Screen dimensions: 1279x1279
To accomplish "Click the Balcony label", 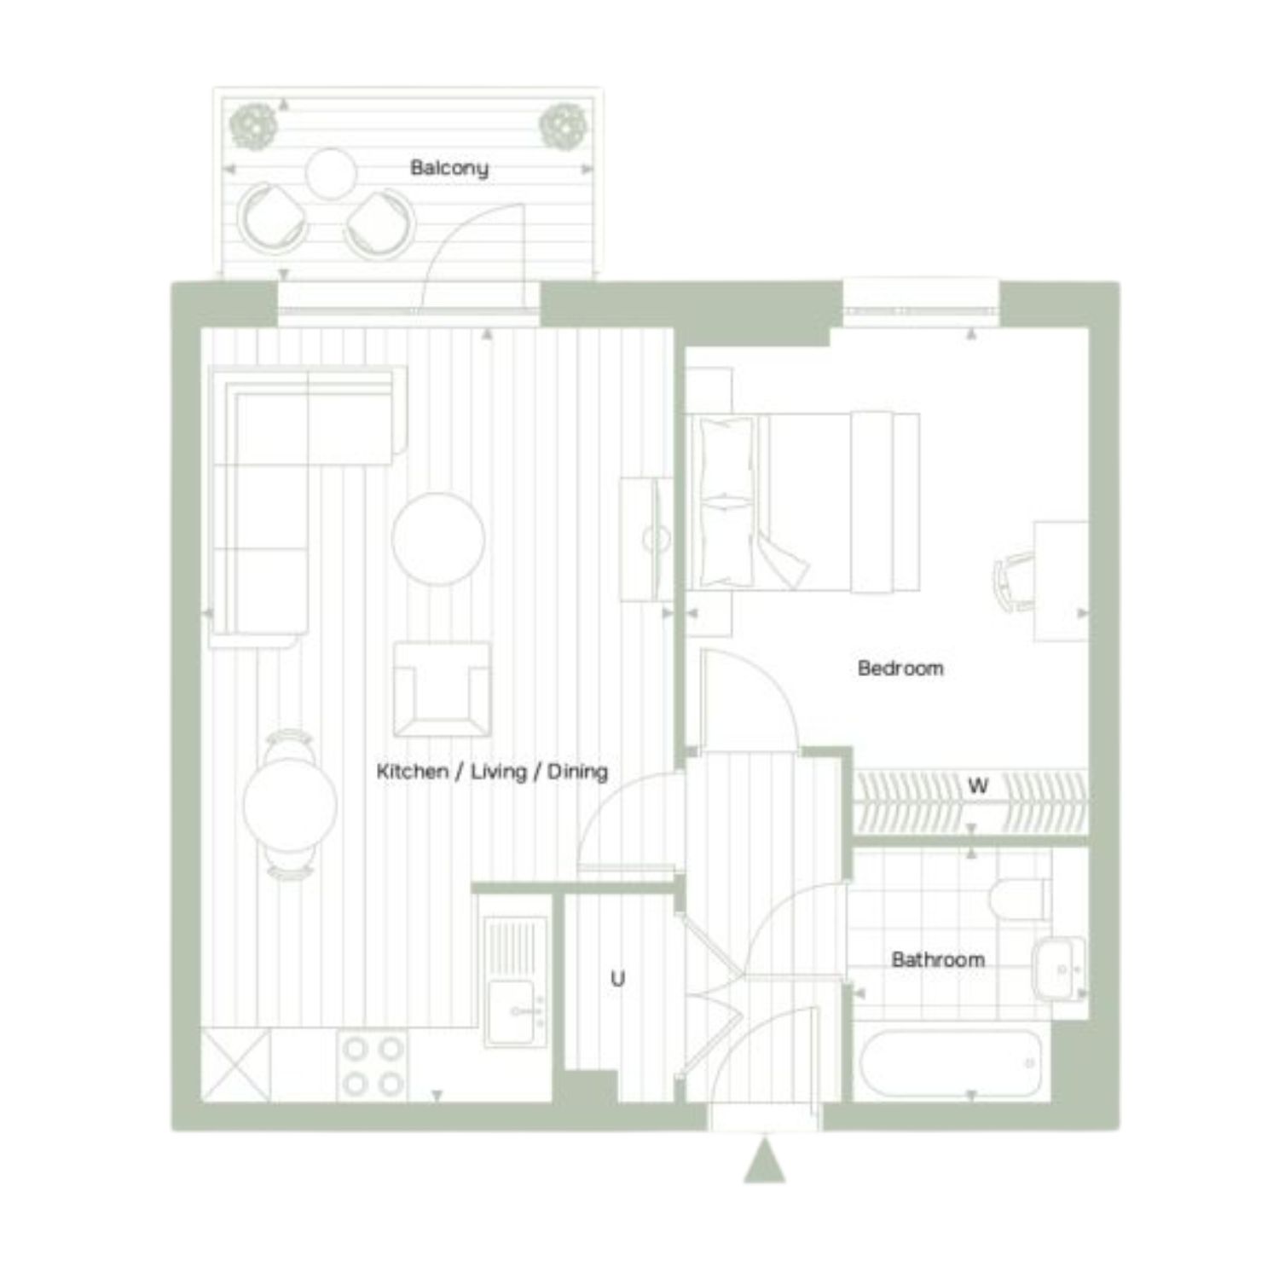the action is click(x=449, y=168).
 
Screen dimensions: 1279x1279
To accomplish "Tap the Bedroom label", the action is click(x=900, y=668).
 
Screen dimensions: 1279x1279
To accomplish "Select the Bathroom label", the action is click(x=938, y=959).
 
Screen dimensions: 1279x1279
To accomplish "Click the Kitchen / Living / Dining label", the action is click(x=492, y=772).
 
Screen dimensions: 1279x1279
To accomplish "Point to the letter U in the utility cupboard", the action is click(x=617, y=978).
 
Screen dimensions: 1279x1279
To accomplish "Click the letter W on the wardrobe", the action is click(x=978, y=785).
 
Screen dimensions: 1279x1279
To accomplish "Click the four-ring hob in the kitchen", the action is click(x=373, y=1065).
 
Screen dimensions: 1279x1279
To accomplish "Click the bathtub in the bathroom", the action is click(x=951, y=1063).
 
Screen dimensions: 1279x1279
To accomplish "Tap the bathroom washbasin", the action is click(x=1059, y=969).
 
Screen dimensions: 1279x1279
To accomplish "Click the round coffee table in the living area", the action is click(x=438, y=539).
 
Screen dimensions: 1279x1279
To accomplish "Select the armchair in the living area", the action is click(x=442, y=689).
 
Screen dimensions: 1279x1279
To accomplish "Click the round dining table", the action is click(x=290, y=804).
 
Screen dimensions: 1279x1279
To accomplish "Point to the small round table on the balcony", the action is click(x=331, y=174).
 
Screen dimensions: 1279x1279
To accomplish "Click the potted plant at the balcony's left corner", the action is click(x=252, y=125).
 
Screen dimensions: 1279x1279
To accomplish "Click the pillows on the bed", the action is click(x=726, y=501).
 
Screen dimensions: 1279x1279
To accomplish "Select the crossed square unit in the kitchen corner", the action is click(x=235, y=1065).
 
